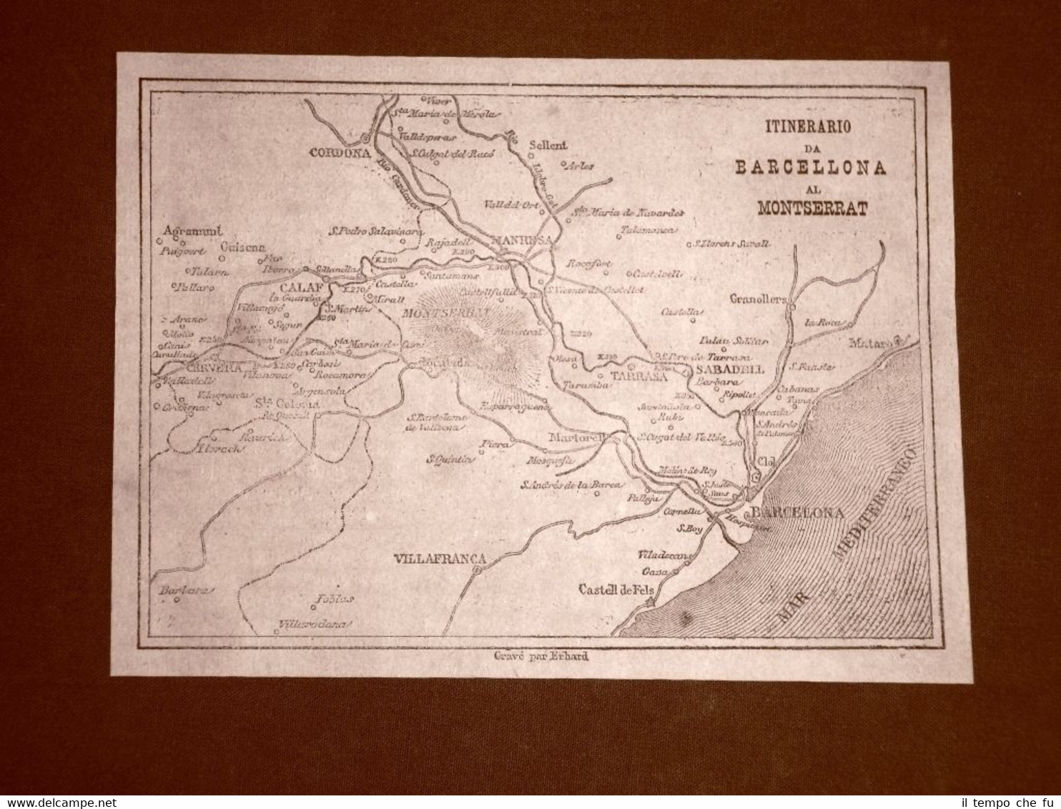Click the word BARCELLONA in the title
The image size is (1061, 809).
(811, 168)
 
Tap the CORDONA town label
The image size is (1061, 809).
(339, 152)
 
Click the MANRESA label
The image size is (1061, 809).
(523, 240)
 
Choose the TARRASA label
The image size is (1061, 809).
(638, 376)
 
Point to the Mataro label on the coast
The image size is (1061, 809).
(872, 344)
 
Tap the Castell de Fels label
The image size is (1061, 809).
(616, 590)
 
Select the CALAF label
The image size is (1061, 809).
(300, 289)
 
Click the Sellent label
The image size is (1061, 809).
(548, 145)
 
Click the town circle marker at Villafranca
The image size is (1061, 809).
(478, 571)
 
